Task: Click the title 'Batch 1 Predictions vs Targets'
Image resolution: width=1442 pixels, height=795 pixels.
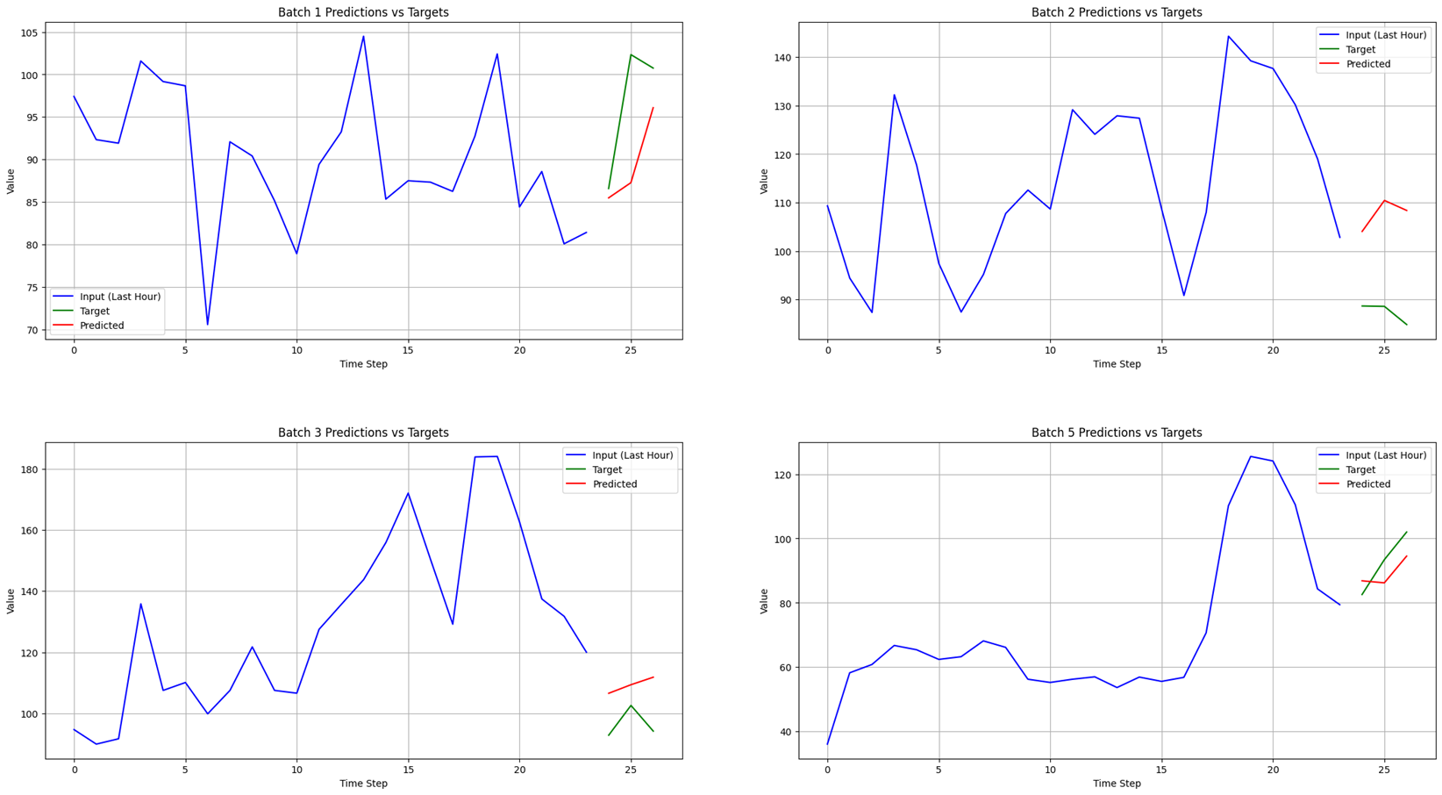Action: (363, 12)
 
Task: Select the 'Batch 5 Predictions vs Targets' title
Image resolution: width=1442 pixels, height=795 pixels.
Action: (1116, 433)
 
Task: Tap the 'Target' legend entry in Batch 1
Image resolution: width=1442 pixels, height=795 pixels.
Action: (95, 312)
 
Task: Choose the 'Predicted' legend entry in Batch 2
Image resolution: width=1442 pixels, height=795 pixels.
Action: (1368, 64)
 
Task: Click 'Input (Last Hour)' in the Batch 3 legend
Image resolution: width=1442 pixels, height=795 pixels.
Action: (632, 455)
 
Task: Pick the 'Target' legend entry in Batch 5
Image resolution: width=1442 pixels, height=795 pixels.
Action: (1360, 469)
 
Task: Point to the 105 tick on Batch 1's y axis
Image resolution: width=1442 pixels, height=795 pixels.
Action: (27, 33)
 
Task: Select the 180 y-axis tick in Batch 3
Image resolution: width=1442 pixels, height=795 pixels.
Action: (27, 469)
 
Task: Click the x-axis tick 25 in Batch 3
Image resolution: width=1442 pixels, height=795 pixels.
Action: (631, 770)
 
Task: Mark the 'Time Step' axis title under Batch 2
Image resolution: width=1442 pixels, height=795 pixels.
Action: (1116, 364)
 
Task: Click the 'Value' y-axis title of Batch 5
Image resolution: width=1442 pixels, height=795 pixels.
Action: (764, 601)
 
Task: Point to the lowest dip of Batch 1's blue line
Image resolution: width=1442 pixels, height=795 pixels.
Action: (208, 325)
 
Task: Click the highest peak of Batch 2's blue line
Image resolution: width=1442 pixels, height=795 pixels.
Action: (1228, 37)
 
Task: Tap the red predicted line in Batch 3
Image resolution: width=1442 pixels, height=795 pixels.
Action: (631, 684)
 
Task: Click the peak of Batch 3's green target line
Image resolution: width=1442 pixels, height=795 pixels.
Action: (631, 705)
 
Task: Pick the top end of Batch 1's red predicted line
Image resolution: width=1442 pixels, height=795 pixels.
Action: (653, 108)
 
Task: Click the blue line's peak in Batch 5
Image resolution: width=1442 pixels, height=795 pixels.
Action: (1251, 456)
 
